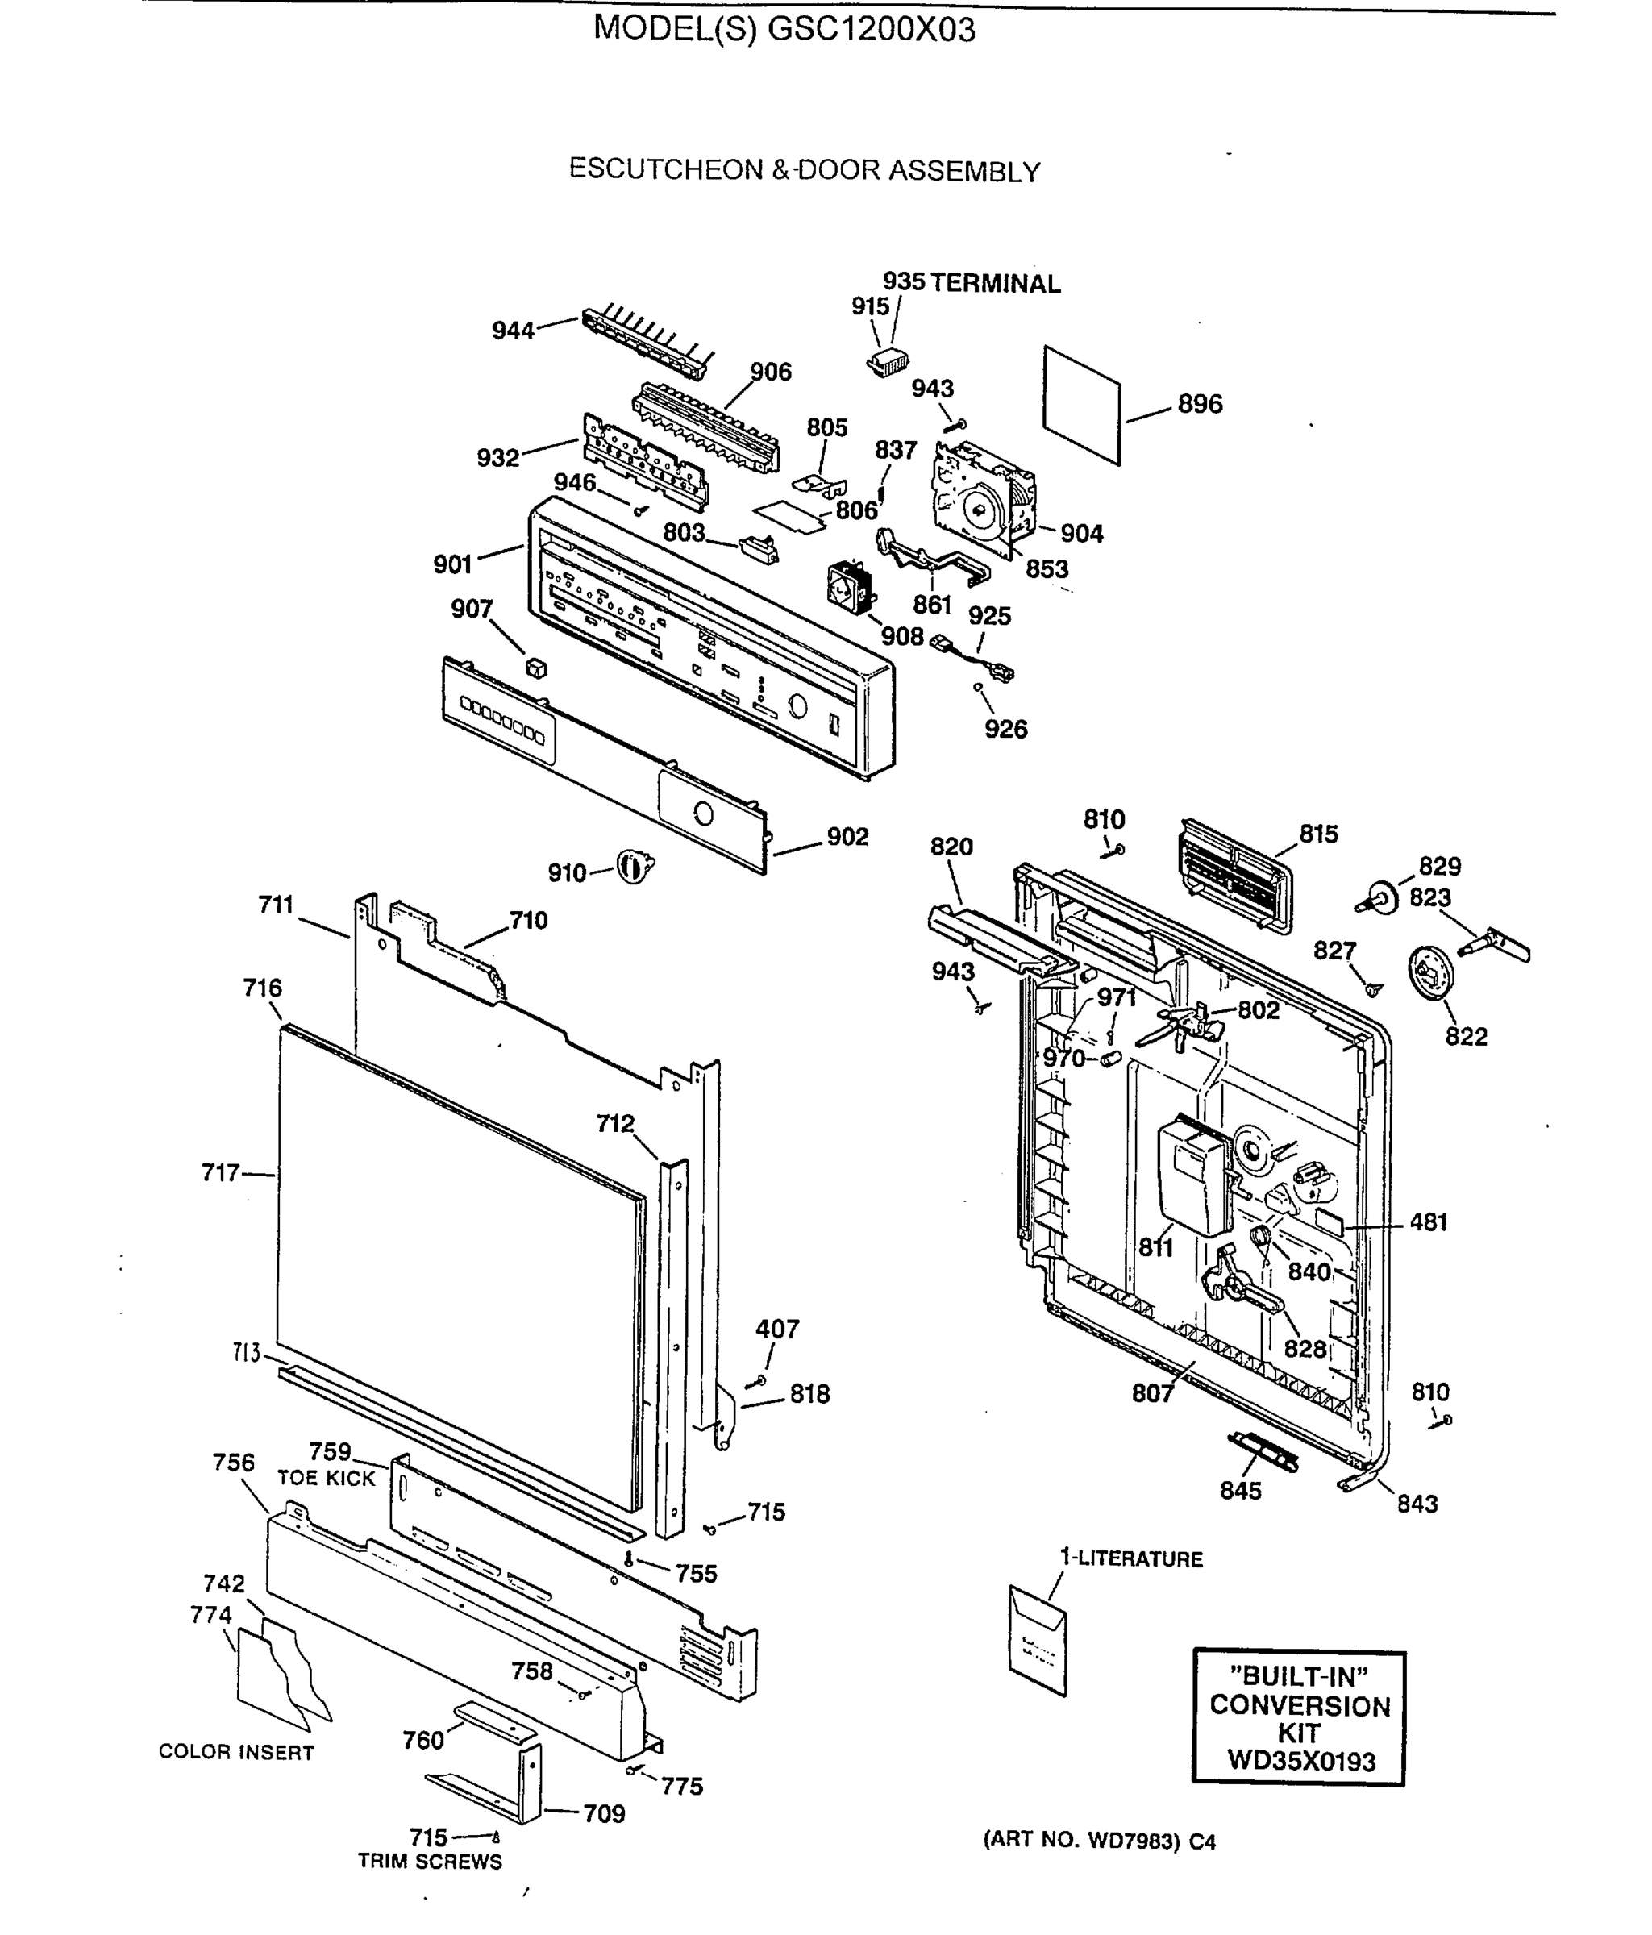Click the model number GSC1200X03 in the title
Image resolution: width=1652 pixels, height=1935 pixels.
871,30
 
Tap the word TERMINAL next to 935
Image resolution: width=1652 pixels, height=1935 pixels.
996,284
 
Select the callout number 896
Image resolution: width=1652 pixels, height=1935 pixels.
1199,405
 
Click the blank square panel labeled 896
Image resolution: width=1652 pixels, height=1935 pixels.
1081,405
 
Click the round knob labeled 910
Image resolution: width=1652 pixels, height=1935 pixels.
633,868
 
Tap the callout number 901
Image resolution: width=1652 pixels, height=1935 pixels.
453,564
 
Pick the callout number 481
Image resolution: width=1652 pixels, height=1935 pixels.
1428,1221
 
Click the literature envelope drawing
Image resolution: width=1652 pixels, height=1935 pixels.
1037,1641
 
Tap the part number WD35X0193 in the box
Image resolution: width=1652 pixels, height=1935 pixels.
1300,1762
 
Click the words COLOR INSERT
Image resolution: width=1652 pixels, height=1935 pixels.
235,1752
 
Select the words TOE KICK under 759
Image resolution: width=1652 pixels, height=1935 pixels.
326,1479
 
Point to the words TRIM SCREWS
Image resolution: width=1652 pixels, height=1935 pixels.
430,1861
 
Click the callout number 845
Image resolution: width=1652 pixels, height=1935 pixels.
1240,1491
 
